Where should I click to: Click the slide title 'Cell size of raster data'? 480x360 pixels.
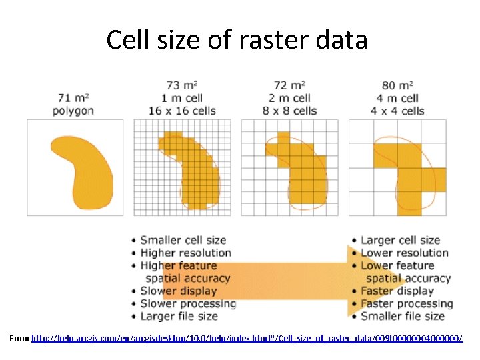point(237,40)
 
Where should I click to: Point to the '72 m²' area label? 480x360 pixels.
point(289,85)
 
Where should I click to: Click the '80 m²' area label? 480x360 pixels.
point(397,85)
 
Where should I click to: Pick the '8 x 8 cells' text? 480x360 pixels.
point(289,110)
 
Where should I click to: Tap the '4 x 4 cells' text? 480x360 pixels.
point(397,110)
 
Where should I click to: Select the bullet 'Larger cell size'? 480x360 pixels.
point(400,240)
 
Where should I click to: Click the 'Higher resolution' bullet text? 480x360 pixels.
point(185,253)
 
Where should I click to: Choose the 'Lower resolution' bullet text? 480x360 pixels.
point(404,253)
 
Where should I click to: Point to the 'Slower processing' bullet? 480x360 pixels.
point(187,303)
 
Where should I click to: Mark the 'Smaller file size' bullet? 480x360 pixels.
point(402,316)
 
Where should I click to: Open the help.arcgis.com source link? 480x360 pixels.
point(247,339)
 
